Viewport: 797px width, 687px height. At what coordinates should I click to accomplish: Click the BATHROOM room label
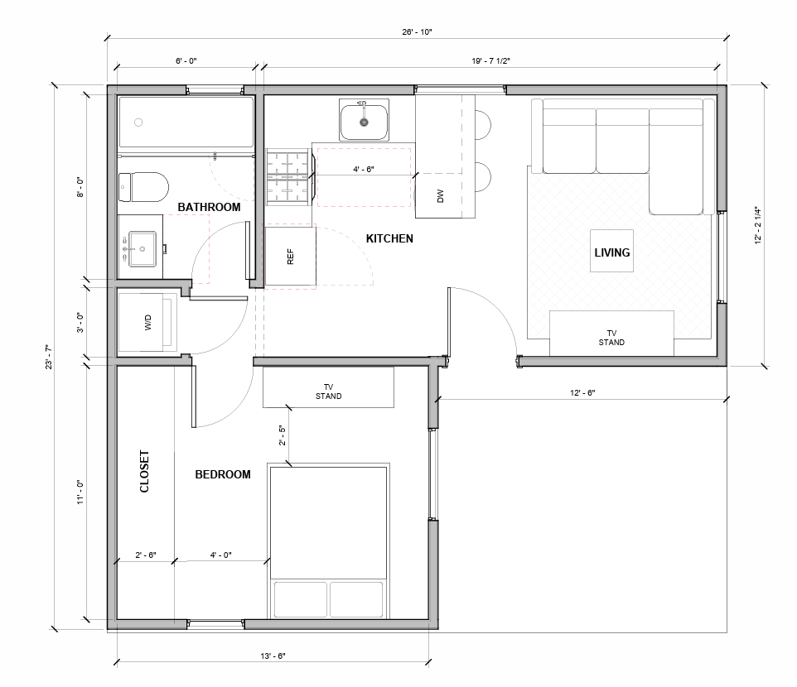point(209,207)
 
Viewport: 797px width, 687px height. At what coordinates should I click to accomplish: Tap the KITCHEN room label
point(389,238)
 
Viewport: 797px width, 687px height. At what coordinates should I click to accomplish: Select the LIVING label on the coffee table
point(612,252)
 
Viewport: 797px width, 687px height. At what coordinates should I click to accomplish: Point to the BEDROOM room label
point(222,474)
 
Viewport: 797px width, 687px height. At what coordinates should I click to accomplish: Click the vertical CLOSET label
point(145,471)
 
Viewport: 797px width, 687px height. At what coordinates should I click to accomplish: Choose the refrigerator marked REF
point(290,257)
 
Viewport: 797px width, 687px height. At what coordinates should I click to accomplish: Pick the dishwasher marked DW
point(441,196)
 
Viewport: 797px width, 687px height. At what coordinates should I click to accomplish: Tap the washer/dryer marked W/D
point(149,323)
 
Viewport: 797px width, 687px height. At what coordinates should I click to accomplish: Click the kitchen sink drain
point(363,122)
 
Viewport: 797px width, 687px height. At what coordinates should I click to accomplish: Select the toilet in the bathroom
point(142,186)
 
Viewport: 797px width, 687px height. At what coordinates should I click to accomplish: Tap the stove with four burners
point(289,177)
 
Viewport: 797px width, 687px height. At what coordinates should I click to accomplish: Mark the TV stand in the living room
point(611,333)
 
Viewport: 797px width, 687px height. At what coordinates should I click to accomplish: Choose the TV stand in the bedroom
point(328,388)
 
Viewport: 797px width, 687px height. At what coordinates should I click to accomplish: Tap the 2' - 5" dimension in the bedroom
point(282,436)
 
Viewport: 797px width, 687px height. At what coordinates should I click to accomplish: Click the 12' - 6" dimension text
point(582,392)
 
